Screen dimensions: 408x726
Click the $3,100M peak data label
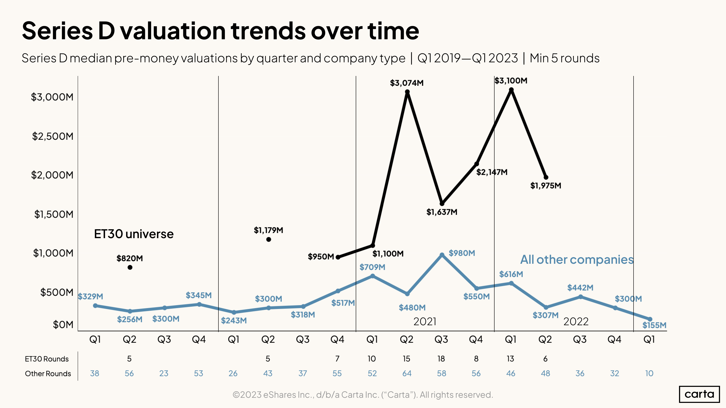pos(511,81)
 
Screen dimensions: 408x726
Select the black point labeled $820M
pos(130,267)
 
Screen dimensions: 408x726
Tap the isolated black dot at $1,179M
pos(269,239)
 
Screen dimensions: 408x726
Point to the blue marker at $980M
pos(442,255)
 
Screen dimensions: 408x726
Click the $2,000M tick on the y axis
pos(52,175)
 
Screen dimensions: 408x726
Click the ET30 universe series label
pos(134,234)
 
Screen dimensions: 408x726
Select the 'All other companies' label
pos(577,260)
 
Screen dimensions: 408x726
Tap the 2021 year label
pos(424,322)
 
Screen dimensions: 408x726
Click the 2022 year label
pos(576,322)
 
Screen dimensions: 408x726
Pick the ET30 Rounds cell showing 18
pos(441,359)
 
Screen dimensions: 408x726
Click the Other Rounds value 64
pos(407,373)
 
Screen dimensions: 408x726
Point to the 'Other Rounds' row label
pos(48,374)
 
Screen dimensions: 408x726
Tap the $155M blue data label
pos(654,325)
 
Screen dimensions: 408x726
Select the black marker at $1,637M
pos(442,203)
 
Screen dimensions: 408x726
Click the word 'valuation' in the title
pos(173,31)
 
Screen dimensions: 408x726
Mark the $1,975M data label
pos(546,186)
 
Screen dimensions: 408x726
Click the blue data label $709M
pos(372,267)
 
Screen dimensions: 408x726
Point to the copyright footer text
pos(363,395)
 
